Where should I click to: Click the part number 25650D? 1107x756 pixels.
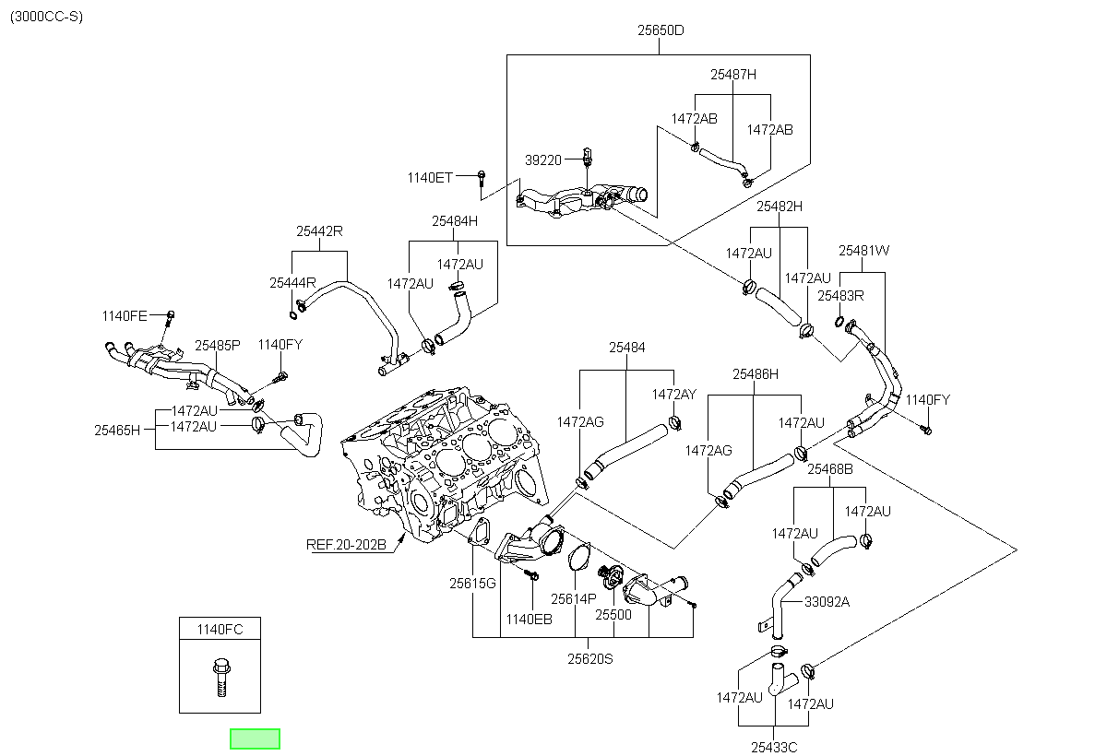pos(661,30)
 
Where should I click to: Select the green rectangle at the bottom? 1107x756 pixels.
pos(255,738)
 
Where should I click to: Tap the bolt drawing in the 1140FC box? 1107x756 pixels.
pos(221,677)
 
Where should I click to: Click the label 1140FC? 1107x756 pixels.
pos(220,629)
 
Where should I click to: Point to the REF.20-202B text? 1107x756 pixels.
pos(346,545)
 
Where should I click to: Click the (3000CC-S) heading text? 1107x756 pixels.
pos(46,17)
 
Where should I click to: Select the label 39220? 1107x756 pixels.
pos(543,160)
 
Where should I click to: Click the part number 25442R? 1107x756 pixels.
pos(319,231)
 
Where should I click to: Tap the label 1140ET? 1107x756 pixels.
pos(430,178)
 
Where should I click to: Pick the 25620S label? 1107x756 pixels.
pos(590,658)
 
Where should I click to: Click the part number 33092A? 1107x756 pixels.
pos(827,602)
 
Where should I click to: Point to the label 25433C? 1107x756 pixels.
pos(774,747)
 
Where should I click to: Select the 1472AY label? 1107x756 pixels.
pos(674,395)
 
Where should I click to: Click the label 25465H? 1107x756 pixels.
pos(117,431)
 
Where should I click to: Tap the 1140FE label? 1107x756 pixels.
pos(125,316)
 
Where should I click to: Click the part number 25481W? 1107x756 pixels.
pos(863,251)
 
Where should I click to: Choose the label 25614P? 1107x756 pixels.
pos(574,599)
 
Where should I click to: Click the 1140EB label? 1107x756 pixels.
pos(529,620)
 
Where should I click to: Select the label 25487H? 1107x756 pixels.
pos(733,75)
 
